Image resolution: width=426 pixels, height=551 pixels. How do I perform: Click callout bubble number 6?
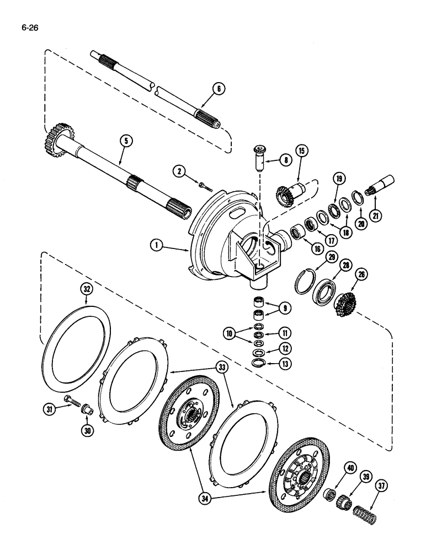pos(218,87)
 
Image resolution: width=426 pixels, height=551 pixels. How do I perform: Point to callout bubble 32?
pos(88,290)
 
